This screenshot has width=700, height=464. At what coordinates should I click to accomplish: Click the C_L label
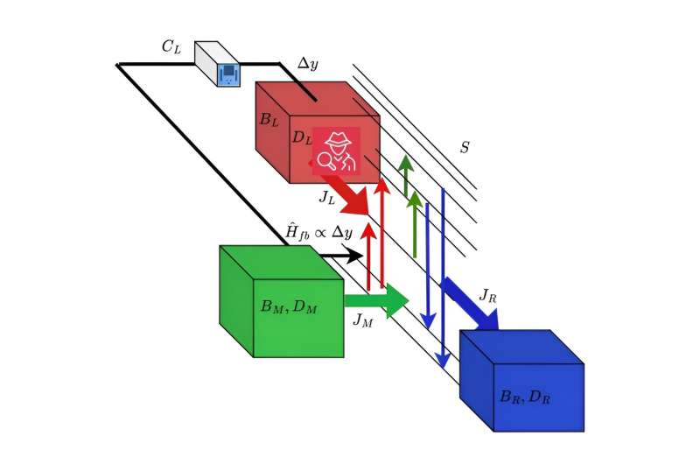171,47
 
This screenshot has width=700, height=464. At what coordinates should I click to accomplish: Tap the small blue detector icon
228,74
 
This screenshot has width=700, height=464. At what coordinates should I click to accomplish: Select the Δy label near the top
307,64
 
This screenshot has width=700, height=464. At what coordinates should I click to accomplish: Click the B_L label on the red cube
269,120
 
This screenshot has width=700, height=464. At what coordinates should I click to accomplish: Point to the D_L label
301,137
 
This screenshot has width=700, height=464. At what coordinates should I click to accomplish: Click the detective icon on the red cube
337,151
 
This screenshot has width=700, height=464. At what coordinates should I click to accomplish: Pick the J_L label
326,198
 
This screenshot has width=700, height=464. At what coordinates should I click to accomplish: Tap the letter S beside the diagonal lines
465,148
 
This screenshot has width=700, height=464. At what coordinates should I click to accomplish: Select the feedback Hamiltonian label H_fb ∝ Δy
318,232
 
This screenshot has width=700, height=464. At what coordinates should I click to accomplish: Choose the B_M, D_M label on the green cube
289,307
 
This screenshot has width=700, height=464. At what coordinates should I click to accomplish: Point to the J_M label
362,320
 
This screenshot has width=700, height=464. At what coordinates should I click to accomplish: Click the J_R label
487,296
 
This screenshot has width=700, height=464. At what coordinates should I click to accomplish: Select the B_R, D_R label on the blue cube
525,397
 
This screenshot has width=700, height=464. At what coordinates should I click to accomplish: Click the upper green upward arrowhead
406,162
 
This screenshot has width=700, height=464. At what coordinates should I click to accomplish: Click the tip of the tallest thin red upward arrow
382,181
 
